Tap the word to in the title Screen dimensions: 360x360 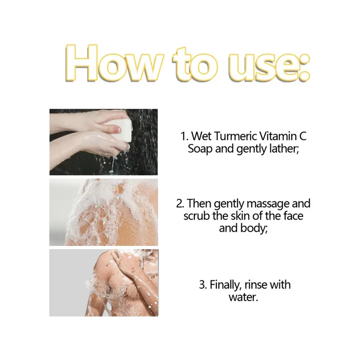click(x=196, y=65)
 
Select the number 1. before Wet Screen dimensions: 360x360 click(x=185, y=136)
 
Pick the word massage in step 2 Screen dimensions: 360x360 click(x=267, y=204)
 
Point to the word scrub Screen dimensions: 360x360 click(x=195, y=216)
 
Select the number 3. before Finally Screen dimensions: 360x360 click(x=203, y=285)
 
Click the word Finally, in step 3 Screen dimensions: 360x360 click(x=225, y=285)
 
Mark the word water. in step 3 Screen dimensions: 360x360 click(x=243, y=298)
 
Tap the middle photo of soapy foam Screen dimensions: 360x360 click(x=104, y=212)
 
